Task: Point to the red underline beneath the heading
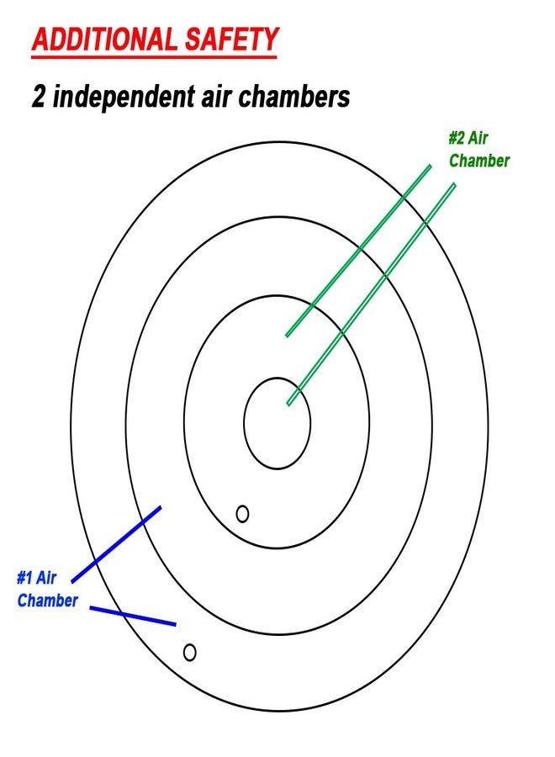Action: (x=154, y=57)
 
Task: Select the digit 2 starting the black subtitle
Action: (x=39, y=96)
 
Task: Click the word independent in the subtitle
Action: (x=124, y=97)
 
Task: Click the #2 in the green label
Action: (x=457, y=138)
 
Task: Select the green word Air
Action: (x=478, y=138)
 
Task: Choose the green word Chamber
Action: (x=478, y=161)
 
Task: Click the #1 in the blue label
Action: (x=24, y=578)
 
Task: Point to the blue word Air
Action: (x=46, y=578)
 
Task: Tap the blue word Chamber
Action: (x=47, y=601)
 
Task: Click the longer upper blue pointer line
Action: (x=116, y=544)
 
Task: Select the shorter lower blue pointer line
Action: (x=133, y=616)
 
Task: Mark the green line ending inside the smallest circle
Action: (x=371, y=294)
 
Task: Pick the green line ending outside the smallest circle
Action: (x=358, y=251)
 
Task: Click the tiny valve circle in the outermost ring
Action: (x=190, y=653)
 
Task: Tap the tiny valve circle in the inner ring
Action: (x=242, y=514)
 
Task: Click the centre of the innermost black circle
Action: (x=277, y=423)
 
